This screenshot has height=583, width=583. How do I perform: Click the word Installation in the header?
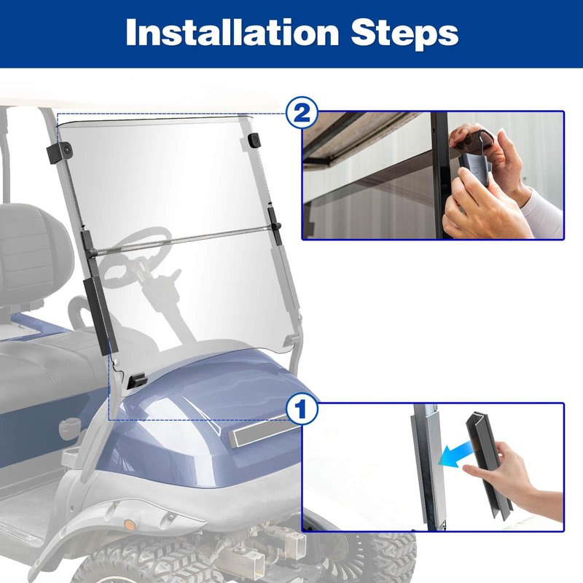232,32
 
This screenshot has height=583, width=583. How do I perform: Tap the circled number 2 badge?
302,113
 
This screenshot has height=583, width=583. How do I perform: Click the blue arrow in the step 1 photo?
457,452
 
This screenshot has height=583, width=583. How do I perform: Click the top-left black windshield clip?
60,152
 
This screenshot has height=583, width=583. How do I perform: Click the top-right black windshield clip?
254,141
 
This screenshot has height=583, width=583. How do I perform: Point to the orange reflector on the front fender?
130,525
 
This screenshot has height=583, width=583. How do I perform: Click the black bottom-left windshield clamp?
137,380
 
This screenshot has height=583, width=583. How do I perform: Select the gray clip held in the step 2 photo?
475,165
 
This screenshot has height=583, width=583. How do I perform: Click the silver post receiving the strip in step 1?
429,466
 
